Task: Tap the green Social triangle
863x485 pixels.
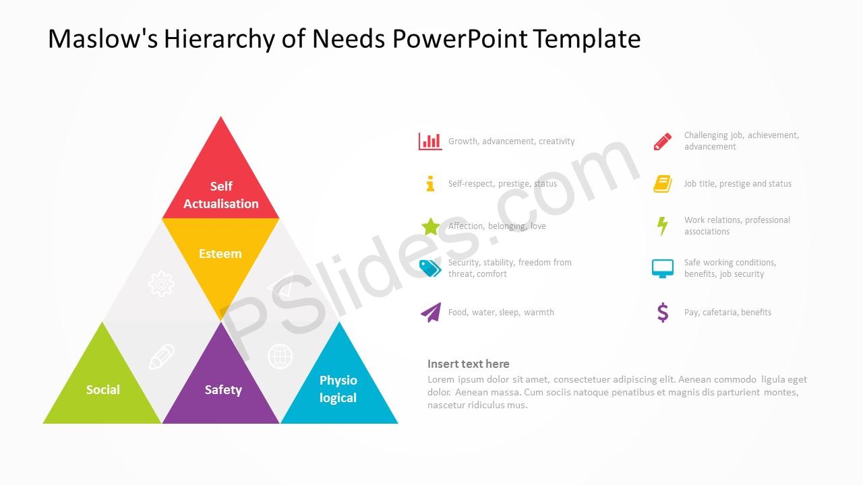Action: click(102, 385)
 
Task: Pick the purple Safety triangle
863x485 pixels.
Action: click(220, 385)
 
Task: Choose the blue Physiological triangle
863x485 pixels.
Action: click(339, 385)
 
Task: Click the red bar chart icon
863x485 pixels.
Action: click(430, 141)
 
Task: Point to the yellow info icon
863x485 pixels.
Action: click(430, 184)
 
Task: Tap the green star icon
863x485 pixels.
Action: click(431, 226)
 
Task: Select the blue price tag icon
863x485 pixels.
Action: click(430, 268)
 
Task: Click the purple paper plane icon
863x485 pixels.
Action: click(431, 312)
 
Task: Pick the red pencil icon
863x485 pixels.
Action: click(663, 141)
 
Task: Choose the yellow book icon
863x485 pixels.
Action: click(663, 184)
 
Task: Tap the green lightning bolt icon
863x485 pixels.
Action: click(663, 226)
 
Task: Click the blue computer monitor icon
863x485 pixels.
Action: click(663, 268)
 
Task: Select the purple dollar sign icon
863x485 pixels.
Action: click(663, 312)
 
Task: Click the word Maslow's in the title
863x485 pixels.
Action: click(102, 38)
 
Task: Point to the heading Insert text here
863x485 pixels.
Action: click(469, 364)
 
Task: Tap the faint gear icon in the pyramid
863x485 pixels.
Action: click(161, 284)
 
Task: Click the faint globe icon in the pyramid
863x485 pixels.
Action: click(280, 356)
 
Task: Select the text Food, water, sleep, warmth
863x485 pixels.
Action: click(501, 312)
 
